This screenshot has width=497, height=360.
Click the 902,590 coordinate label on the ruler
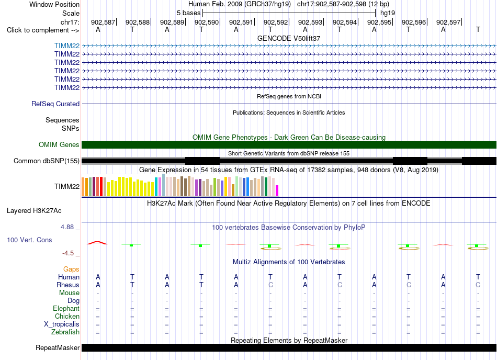[x=207, y=22]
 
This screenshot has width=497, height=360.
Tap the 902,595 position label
[x=379, y=22]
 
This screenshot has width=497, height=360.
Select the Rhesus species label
[x=68, y=285]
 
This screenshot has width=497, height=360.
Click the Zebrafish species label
[x=65, y=332]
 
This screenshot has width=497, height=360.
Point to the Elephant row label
[x=66, y=308]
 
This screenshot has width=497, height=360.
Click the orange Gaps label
[x=71, y=269]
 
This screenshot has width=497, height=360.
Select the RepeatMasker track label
[x=58, y=347]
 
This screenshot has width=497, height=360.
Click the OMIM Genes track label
[x=59, y=144]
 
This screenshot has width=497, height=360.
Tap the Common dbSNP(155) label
[x=46, y=161]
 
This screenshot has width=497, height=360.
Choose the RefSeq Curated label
[x=55, y=104]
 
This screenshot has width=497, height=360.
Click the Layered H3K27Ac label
[x=34, y=211]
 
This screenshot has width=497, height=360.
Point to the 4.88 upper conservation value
[x=67, y=227]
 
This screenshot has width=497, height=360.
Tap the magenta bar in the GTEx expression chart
[x=277, y=191]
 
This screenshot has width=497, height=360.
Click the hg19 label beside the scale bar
[x=388, y=13]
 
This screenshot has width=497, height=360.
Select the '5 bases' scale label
[x=188, y=13]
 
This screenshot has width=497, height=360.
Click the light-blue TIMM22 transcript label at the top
[x=67, y=46]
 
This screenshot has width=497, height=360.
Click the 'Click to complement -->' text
[x=43, y=30]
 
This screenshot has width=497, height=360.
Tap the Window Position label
[x=54, y=4]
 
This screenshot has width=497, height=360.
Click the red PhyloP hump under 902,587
[x=97, y=243]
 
